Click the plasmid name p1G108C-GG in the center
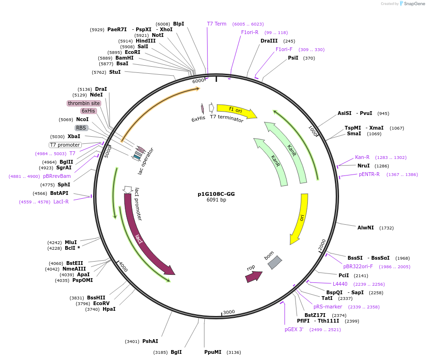tap(216, 194)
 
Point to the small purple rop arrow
tap(253, 276)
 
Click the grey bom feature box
tap(275, 263)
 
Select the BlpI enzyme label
tap(178, 24)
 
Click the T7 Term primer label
tap(217, 24)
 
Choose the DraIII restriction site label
tap(269, 41)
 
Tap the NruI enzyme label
tap(364, 166)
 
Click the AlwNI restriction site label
tap(366, 228)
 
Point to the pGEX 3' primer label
tap(294, 329)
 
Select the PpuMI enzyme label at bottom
tap(213, 352)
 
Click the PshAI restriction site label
tap(150, 341)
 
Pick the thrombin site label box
tap(84, 103)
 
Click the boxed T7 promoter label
tap(65, 145)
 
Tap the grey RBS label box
tap(81, 128)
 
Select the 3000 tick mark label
tap(229, 312)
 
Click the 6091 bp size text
tap(216, 200)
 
